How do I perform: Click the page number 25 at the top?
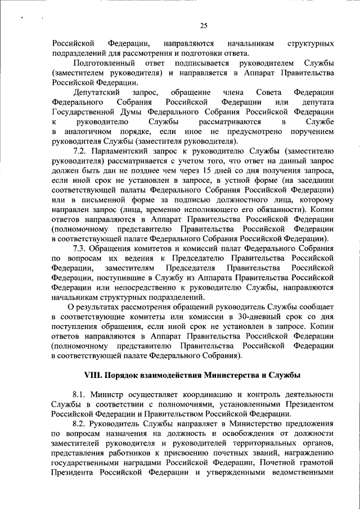[204, 24]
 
